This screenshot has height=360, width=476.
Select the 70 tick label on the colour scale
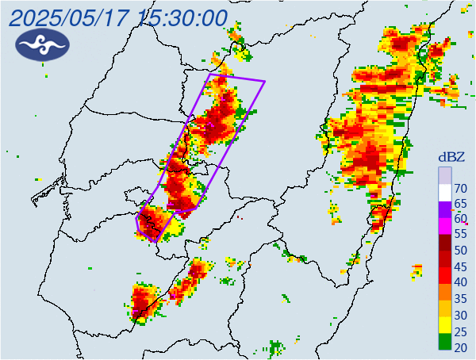pyautogui.click(x=459, y=189)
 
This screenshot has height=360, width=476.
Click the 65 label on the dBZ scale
pyautogui.click(x=459, y=204)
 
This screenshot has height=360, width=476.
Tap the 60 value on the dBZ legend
pyautogui.click(x=459, y=219)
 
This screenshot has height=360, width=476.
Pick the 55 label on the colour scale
pyautogui.click(x=459, y=235)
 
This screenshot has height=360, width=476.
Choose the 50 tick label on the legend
pyautogui.click(x=459, y=251)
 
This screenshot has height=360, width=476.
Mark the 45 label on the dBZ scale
pyautogui.click(x=459, y=266)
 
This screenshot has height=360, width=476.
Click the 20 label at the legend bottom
pyautogui.click(x=459, y=347)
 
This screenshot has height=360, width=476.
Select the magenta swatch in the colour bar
pyautogui.click(x=445, y=226)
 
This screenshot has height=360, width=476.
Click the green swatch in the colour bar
pyautogui.click(x=445, y=342)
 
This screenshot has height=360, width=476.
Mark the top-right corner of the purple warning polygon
pyautogui.click(x=264, y=80)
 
